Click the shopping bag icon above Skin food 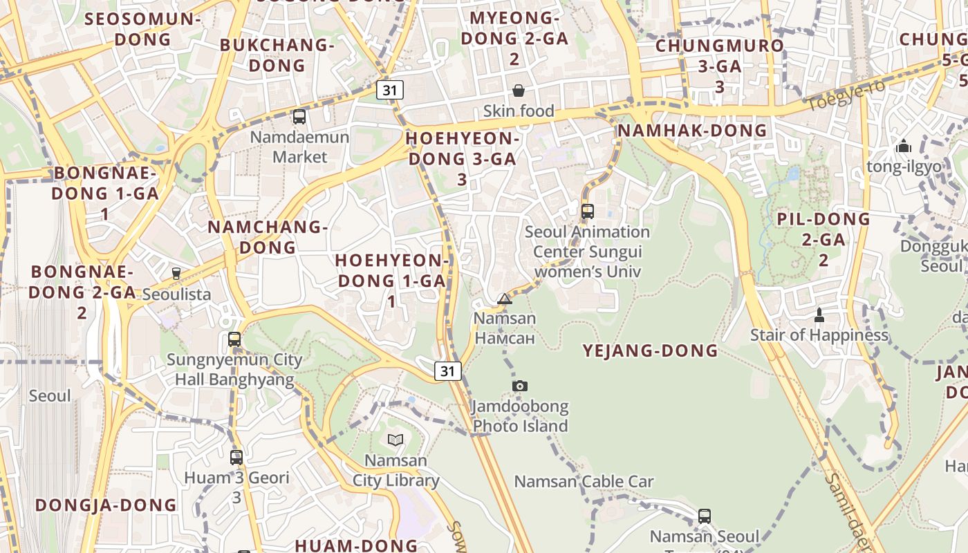pos(518,91)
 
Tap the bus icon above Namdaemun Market pos(299,117)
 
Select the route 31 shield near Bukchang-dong pos(391,89)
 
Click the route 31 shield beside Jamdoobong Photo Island pos(448,371)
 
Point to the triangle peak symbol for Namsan pos(505,299)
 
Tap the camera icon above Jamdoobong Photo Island pos(520,386)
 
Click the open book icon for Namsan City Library pos(395,440)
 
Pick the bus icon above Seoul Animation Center pos(588,212)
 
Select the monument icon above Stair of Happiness pos(819,315)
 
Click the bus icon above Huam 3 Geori pos(236,457)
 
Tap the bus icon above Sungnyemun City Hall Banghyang pos(234,339)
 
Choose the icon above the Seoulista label pos(176,274)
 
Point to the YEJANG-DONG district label pos(650,350)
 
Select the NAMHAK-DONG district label pos(692,131)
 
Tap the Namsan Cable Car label pos(584,481)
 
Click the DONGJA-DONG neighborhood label pos(106,505)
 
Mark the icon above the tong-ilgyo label pos(903,146)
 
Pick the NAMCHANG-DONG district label pos(267,236)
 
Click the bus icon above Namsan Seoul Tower pos(704,516)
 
